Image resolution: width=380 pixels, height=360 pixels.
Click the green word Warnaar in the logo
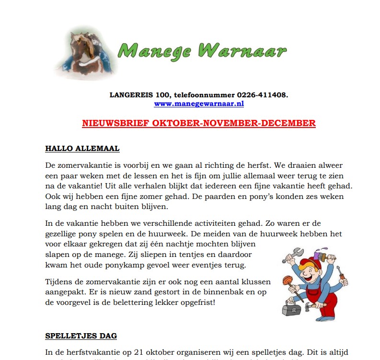pos(242,50)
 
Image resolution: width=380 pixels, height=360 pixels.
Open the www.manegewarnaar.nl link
pos(199,103)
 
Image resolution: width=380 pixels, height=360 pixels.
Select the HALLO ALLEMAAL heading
pos(82,149)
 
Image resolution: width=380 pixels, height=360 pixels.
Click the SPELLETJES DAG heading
pos(81,336)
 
